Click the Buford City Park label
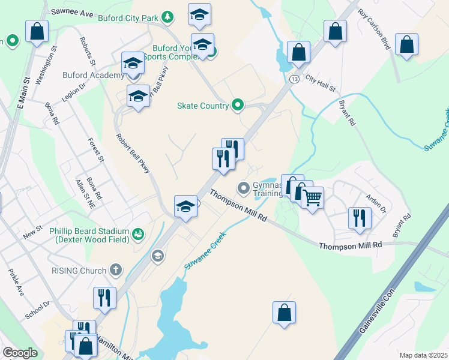(131, 18)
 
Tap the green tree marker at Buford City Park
(169, 17)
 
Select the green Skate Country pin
(238, 106)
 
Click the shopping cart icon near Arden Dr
(312, 197)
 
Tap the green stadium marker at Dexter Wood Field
(139, 233)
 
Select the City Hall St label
(320, 83)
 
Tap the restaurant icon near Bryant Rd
(360, 217)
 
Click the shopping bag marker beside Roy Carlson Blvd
(406, 44)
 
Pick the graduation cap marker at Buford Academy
(133, 63)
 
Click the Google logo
(20, 353)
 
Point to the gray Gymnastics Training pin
(244, 188)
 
